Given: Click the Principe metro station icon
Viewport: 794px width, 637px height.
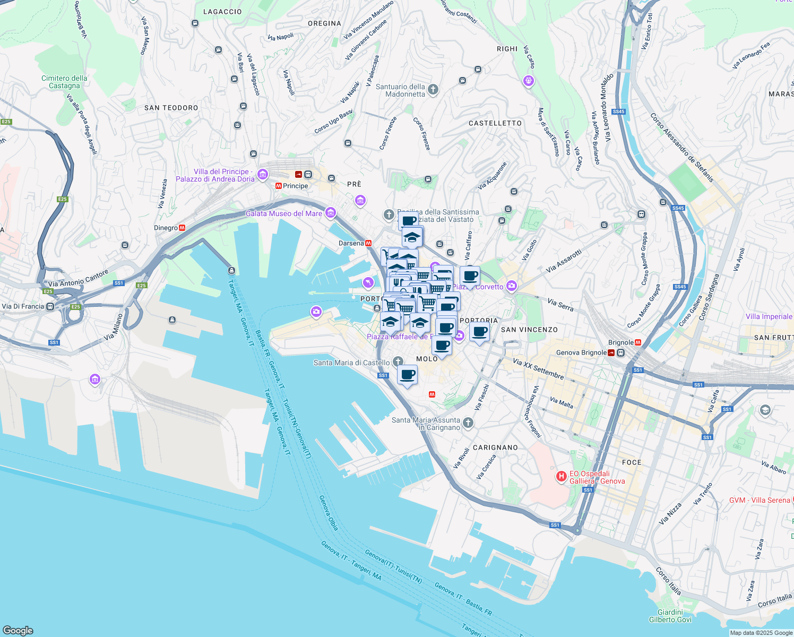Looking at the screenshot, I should coord(279,186).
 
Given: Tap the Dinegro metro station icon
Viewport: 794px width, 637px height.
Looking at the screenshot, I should coord(182,228).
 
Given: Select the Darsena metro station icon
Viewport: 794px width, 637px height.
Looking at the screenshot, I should coord(368,243).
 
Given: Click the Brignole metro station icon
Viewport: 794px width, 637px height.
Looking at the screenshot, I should coord(638,342).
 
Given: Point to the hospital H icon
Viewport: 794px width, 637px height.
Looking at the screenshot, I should coord(561,477).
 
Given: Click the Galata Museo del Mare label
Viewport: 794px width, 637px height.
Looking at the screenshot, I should coord(283,213).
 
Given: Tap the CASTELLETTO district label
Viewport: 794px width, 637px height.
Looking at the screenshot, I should coord(495,123).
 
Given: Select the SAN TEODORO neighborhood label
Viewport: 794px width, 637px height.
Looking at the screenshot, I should coord(171,108).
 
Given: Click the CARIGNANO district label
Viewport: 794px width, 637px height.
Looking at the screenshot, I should coord(495,447).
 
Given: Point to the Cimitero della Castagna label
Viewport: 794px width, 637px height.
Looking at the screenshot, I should coord(64,82).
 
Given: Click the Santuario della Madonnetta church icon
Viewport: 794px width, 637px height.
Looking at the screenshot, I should coord(433,89).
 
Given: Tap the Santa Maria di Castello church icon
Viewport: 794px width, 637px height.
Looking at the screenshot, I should coord(398,361).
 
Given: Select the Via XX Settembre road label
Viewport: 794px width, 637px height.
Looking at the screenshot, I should coord(538,368).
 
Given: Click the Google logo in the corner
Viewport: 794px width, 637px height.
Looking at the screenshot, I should coord(18,630).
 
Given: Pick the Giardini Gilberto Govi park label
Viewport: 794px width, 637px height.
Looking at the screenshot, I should coord(670,616).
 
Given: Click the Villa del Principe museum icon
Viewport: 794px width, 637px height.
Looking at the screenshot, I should coord(262,174).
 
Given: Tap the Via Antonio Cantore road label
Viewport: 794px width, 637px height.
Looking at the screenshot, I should coord(78,278).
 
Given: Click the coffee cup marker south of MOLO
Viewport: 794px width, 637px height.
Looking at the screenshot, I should coord(407,375).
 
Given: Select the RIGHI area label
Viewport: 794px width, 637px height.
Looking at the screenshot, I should coord(507,49).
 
